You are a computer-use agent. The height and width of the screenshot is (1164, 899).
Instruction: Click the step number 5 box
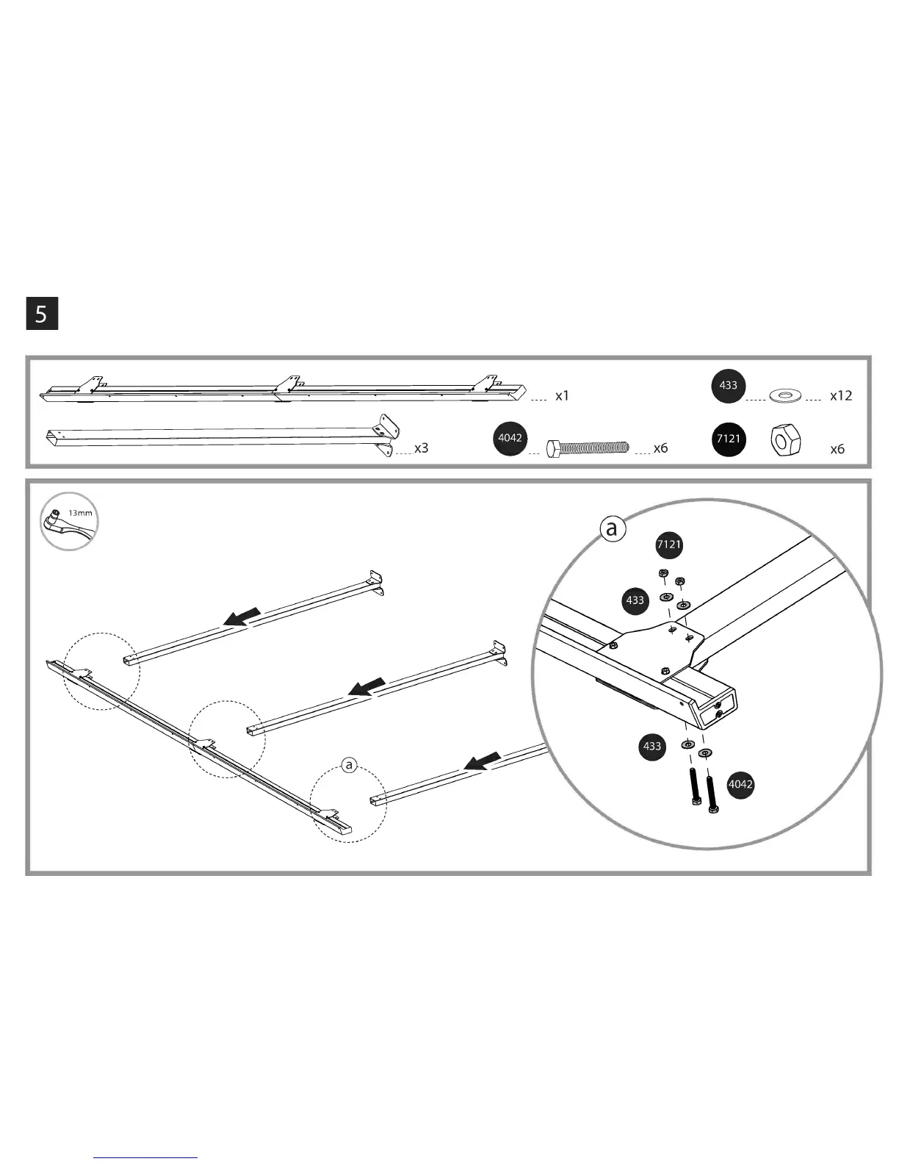click(42, 314)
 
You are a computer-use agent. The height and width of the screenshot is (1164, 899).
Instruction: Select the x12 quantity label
click(840, 395)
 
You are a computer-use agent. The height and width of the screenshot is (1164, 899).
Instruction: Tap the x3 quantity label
click(421, 448)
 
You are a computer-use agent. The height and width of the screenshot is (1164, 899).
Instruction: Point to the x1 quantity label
click(562, 395)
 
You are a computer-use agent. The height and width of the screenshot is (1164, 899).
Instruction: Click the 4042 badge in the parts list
click(510, 438)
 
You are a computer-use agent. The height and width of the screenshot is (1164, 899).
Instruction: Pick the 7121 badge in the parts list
click(729, 439)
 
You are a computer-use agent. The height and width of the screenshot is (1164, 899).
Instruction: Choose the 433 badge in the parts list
click(729, 386)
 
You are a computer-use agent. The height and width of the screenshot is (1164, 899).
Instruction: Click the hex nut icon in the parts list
click(785, 440)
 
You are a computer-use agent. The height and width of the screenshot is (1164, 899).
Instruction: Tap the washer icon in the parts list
click(785, 396)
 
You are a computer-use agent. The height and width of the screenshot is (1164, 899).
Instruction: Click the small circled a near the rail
click(349, 766)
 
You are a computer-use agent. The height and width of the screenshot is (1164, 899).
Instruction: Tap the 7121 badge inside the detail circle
click(668, 545)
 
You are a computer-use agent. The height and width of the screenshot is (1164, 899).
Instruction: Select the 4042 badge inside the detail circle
click(740, 784)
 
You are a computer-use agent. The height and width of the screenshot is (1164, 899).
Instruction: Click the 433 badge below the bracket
click(652, 747)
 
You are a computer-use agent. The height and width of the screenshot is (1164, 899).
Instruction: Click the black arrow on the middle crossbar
click(366, 687)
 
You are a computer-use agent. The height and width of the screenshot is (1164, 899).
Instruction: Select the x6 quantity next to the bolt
click(660, 448)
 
